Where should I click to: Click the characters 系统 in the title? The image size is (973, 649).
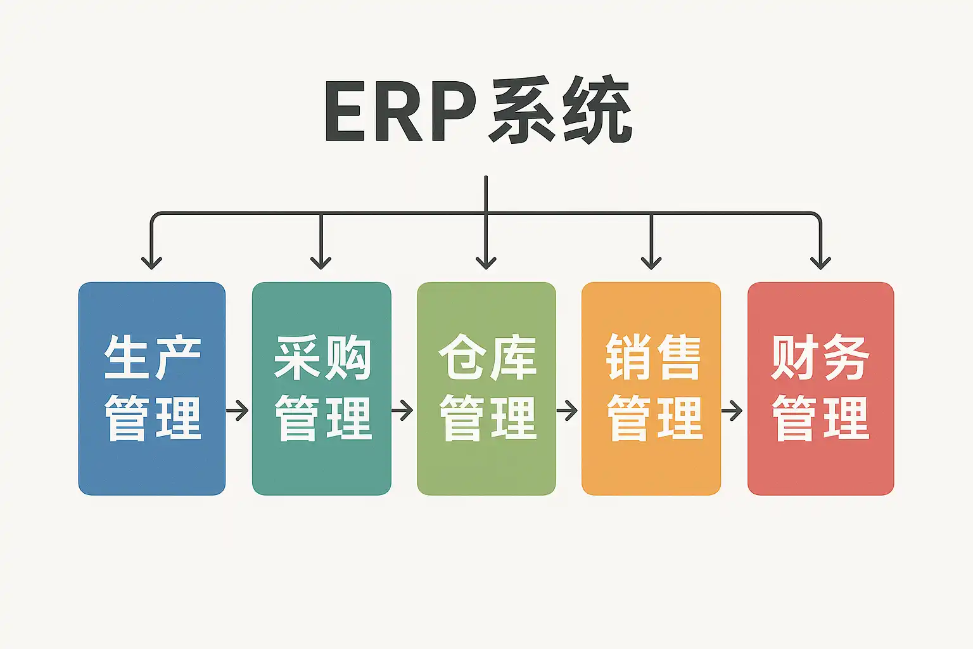pyautogui.click(x=560, y=113)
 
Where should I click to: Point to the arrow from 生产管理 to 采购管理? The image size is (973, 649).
pyautogui.click(x=238, y=411)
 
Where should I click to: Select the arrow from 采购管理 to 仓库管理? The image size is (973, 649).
pyautogui.click(x=403, y=411)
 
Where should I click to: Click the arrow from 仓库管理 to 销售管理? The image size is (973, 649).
pyautogui.click(x=568, y=411)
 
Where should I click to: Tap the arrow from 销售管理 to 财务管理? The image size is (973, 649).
pyautogui.click(x=733, y=411)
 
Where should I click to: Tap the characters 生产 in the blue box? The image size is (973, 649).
pyautogui.click(x=152, y=357)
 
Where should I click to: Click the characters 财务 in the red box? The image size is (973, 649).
pyautogui.click(x=820, y=357)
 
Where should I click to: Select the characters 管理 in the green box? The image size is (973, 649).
pyautogui.click(x=488, y=418)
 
